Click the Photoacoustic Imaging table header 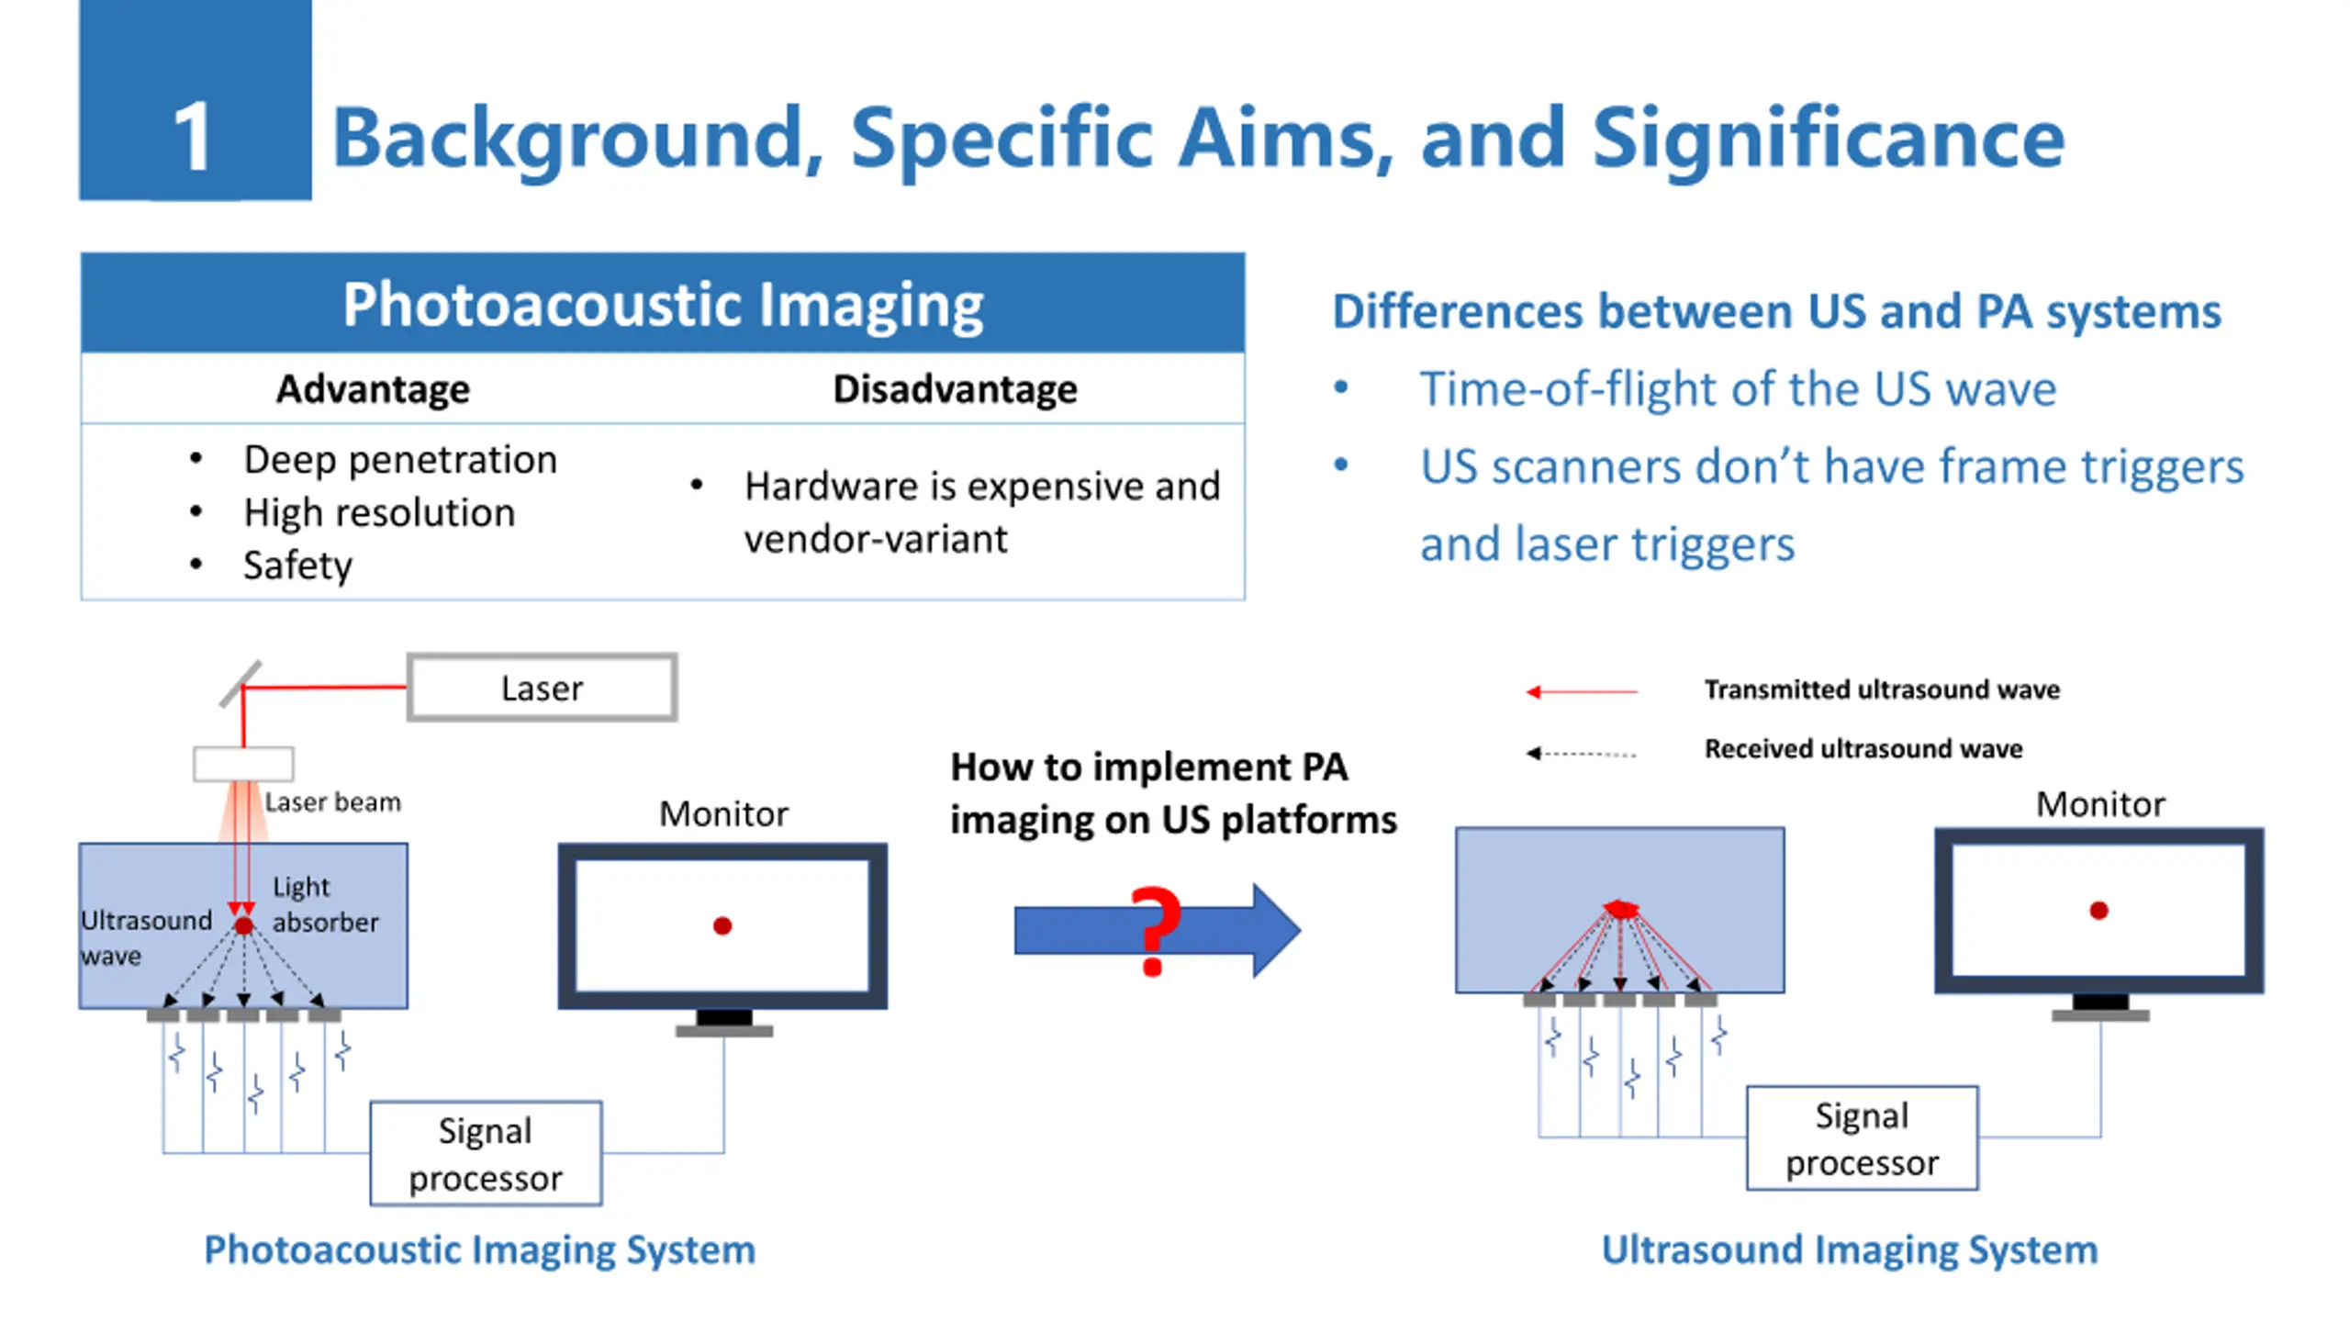click(662, 304)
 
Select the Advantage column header click(373, 389)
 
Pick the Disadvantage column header click(955, 389)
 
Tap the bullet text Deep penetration click(399, 459)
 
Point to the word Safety click(297, 565)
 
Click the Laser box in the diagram click(542, 688)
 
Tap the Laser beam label click(332, 802)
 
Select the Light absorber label click(324, 904)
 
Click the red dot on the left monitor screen click(722, 926)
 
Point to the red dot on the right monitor click(2098, 911)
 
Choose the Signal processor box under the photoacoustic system click(486, 1154)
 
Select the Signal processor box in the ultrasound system click(1862, 1138)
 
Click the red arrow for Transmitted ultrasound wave click(1581, 691)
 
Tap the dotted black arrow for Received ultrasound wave click(1581, 753)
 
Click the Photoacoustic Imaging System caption click(479, 1249)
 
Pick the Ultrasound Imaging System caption click(1849, 1249)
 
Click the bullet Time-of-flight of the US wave click(1737, 389)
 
